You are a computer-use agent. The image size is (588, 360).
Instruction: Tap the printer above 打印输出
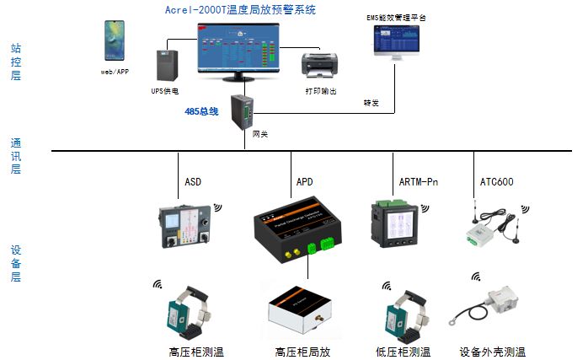(320, 63)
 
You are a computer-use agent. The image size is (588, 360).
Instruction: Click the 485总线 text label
(201, 111)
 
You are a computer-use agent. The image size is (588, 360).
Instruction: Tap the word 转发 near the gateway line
(371, 104)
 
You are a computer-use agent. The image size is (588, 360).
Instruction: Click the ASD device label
(193, 181)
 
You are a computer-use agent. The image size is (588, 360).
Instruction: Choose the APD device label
(304, 181)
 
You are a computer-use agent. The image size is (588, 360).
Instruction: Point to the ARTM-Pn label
(418, 181)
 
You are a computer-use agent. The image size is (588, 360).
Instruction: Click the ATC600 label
(496, 181)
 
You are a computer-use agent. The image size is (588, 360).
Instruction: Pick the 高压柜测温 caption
(196, 352)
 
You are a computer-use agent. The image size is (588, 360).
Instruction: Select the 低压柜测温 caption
(403, 352)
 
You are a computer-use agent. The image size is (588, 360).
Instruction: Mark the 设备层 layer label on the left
(15, 264)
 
